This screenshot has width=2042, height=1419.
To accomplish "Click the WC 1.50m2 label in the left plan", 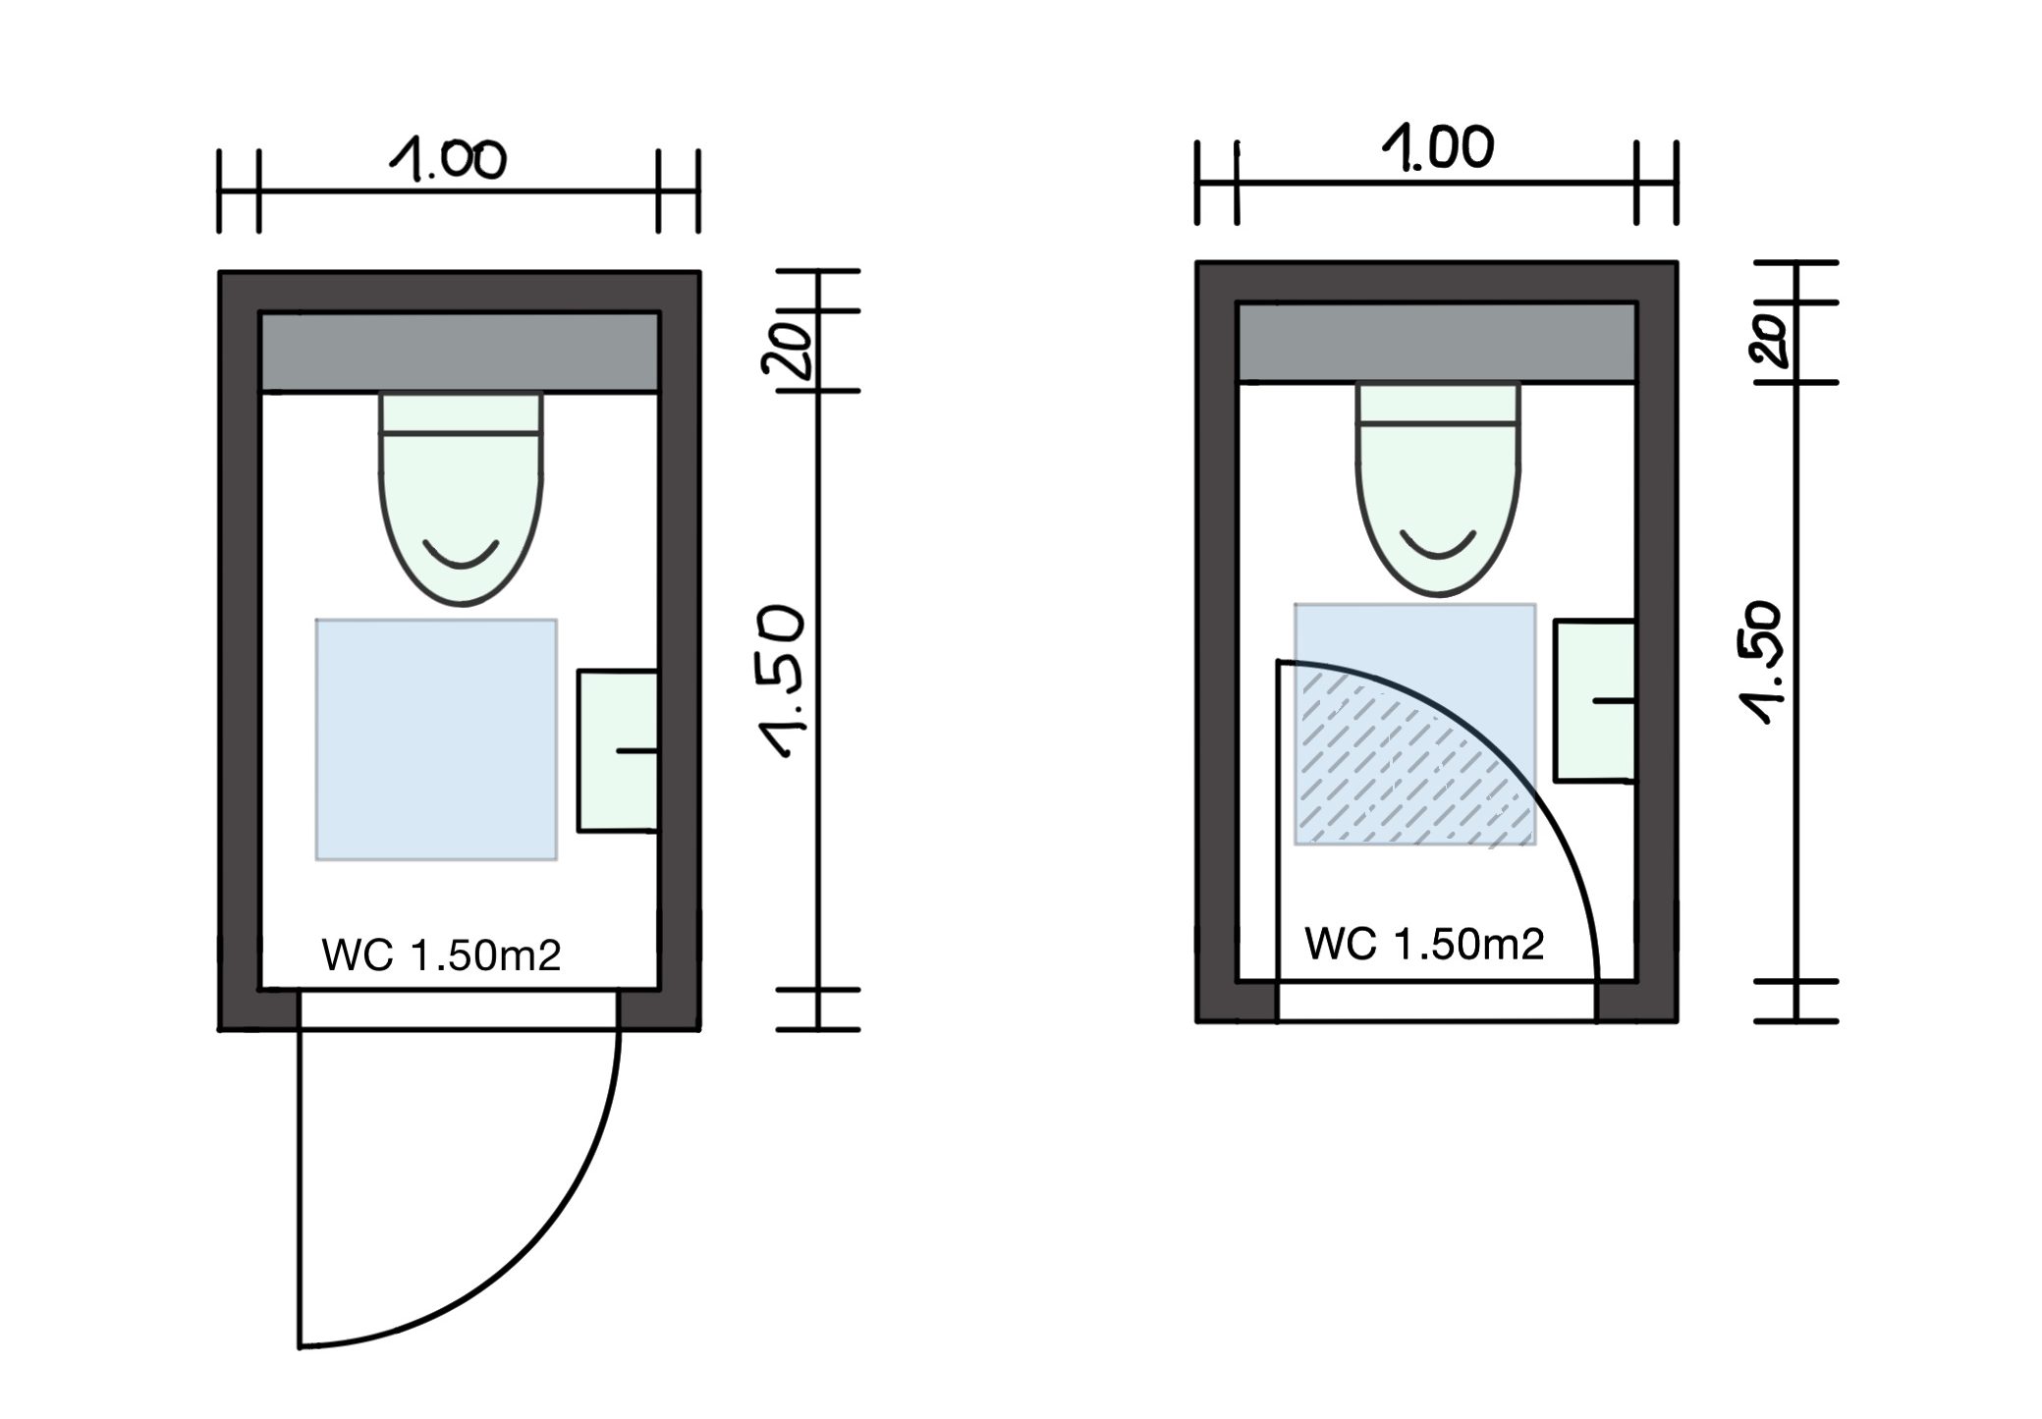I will (x=441, y=955).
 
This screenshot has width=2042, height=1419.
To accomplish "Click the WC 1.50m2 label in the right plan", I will (x=1424, y=944).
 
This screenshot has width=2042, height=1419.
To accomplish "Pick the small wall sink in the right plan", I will (x=1593, y=700).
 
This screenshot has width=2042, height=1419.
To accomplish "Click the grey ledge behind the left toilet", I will (x=460, y=352).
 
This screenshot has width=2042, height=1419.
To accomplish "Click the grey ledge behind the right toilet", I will (x=1436, y=342).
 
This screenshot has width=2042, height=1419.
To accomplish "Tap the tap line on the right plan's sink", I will (x=1613, y=700).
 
